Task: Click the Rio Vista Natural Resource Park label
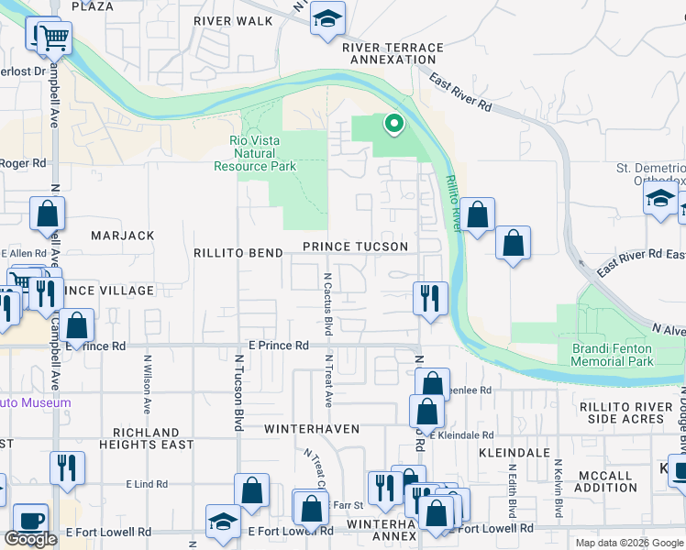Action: [x=255, y=153]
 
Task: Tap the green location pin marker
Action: [x=393, y=123]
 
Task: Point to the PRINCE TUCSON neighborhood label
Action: [x=355, y=247]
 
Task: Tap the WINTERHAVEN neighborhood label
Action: [x=312, y=429]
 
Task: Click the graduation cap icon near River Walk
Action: [x=326, y=19]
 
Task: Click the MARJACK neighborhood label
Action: [x=122, y=236]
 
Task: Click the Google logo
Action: [x=30, y=539]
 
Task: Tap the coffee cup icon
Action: [x=29, y=520]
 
